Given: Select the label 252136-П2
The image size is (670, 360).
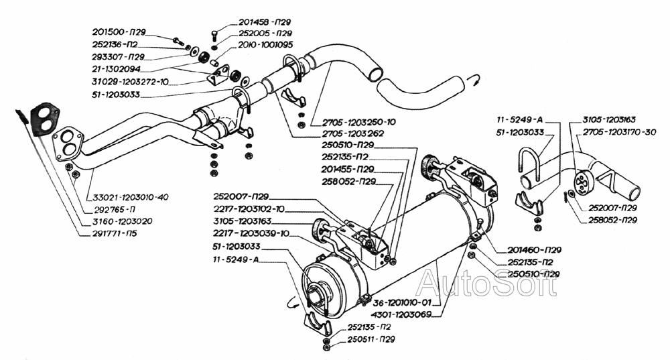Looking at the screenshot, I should click(116, 44).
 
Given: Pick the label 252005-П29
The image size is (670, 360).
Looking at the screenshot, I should click(266, 33).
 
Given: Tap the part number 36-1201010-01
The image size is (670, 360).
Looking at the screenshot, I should click(399, 302).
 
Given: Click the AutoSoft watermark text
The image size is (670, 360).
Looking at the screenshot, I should click(486, 284).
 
